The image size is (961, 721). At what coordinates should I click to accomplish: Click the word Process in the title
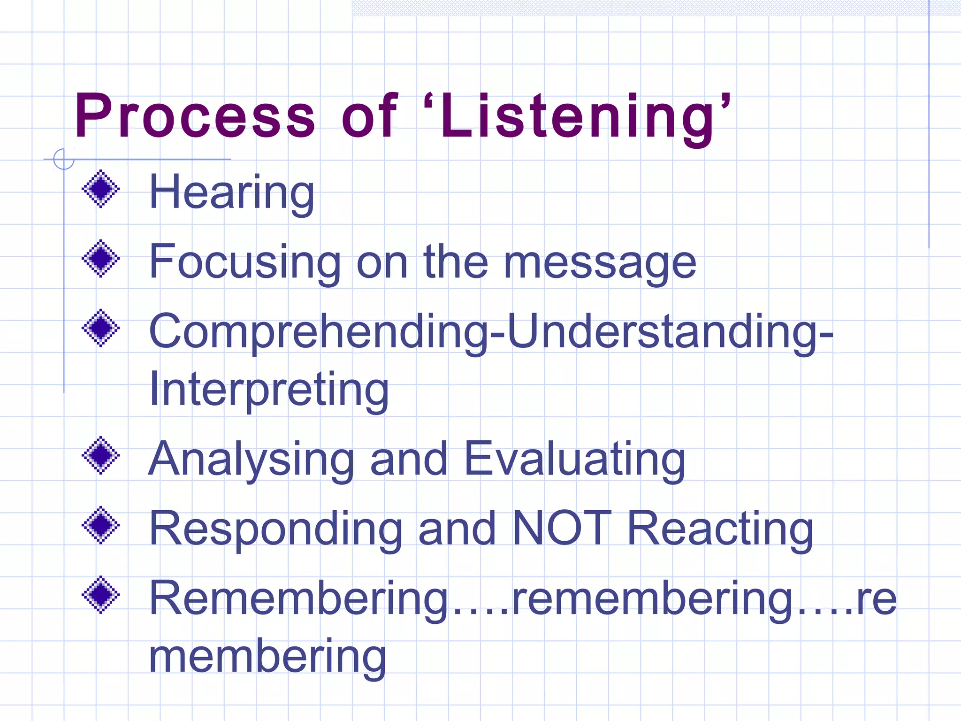click(195, 116)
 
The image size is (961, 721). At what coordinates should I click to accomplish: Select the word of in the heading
click(369, 116)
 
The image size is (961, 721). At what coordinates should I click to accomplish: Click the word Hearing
click(231, 192)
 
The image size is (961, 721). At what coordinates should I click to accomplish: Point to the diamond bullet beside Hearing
click(101, 189)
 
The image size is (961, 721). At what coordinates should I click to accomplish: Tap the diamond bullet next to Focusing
click(101, 259)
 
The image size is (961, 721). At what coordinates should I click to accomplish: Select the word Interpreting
click(268, 390)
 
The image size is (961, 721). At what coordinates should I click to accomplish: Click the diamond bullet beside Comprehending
click(101, 328)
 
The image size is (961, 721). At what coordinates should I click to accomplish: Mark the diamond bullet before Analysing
click(101, 455)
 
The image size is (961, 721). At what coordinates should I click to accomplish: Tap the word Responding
click(275, 529)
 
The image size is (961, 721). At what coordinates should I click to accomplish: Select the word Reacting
click(720, 529)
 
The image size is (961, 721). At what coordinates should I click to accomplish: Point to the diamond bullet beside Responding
click(101, 525)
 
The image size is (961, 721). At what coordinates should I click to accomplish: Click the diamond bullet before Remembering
click(101, 595)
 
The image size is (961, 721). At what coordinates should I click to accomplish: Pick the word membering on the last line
click(267, 657)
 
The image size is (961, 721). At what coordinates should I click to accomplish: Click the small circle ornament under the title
click(64, 159)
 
